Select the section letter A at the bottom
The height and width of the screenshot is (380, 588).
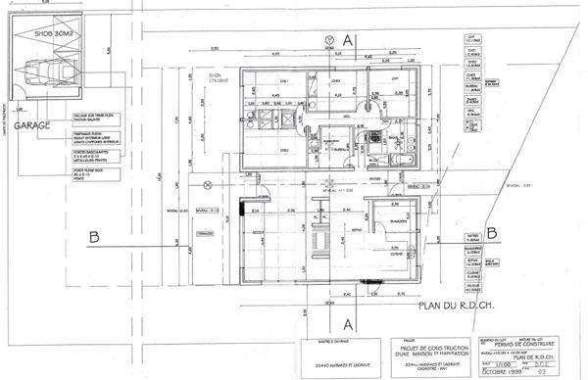(x=347, y=320)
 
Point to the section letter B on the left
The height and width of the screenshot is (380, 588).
(x=92, y=235)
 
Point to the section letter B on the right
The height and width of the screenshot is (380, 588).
(x=492, y=232)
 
